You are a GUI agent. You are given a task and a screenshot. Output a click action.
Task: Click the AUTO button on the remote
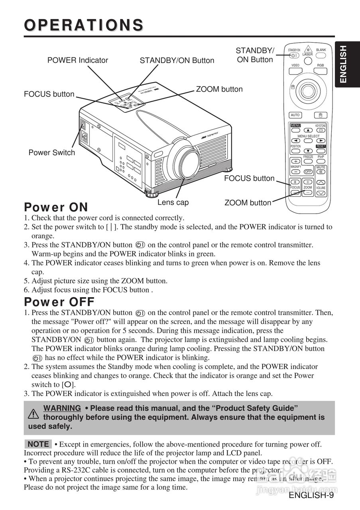295,115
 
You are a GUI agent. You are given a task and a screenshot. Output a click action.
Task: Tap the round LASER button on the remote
308,61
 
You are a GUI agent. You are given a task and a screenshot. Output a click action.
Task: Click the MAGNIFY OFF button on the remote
308,172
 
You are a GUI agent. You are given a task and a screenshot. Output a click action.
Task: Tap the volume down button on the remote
321,193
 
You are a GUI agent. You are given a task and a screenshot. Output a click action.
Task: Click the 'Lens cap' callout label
173,202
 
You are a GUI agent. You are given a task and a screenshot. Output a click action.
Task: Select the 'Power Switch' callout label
51,153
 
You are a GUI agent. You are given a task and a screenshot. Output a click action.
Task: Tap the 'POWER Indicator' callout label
77,60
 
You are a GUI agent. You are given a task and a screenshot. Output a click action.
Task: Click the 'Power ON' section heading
56,207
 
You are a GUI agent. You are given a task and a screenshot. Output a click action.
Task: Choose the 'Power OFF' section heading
59,302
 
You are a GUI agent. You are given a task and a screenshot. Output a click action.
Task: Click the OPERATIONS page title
84,25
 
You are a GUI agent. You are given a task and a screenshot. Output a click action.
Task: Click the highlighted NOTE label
38,444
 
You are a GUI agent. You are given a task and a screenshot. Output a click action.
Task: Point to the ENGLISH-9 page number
311,495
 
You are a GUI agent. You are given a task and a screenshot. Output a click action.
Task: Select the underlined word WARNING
62,408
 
